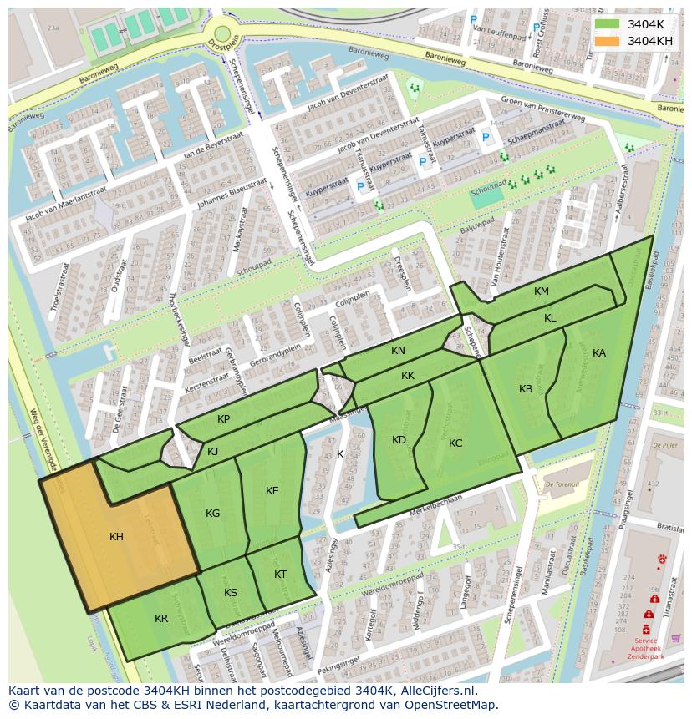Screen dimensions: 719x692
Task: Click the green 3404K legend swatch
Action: (x=608, y=24)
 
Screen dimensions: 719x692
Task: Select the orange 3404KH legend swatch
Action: (x=608, y=41)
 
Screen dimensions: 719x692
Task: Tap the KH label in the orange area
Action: (x=116, y=537)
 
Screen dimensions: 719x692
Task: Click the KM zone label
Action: (x=542, y=291)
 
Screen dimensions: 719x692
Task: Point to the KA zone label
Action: (x=598, y=353)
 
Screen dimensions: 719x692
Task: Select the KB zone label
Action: (x=526, y=389)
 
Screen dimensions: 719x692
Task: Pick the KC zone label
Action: (x=455, y=443)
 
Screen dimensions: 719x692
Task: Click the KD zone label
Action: (x=399, y=440)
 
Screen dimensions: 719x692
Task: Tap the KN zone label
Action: (x=398, y=351)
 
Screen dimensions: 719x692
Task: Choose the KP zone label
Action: (x=223, y=419)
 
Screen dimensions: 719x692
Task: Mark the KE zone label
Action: (x=272, y=491)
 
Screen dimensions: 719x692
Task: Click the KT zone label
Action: (x=280, y=575)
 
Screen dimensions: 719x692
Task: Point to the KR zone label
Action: (x=161, y=619)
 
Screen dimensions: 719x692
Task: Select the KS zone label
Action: (x=231, y=593)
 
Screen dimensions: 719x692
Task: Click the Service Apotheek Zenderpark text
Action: (x=645, y=648)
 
